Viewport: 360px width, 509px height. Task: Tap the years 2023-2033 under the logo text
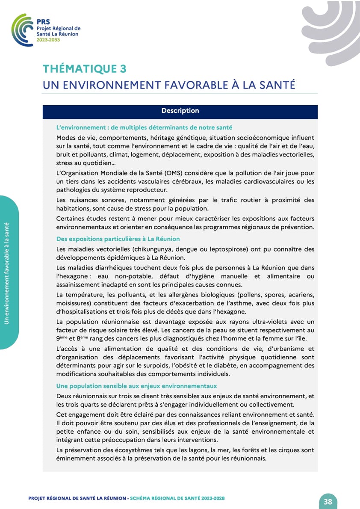(x=48, y=40)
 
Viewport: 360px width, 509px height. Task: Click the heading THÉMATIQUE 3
(x=84, y=69)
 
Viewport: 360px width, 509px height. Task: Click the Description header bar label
(x=180, y=111)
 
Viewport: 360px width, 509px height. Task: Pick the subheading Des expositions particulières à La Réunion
(x=118, y=239)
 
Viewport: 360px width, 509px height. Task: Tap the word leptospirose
(x=231, y=249)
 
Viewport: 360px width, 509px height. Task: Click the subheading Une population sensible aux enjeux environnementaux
(x=136, y=386)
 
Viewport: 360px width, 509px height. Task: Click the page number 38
(x=328, y=502)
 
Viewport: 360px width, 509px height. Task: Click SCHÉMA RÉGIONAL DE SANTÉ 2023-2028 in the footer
(x=177, y=498)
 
